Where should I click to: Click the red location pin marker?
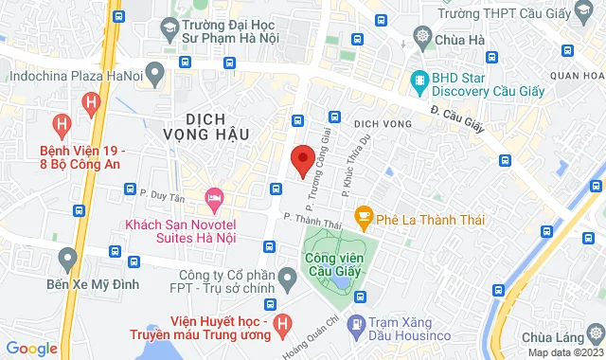click(302, 160)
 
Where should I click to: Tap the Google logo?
click(30, 348)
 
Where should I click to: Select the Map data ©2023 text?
click(562, 353)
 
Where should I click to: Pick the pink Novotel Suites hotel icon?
click(213, 199)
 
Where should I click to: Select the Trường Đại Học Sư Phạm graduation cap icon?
click(169, 29)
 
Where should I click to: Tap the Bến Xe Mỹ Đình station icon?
click(66, 257)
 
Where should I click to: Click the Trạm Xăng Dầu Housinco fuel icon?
click(355, 324)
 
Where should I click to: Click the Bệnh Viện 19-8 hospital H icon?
click(62, 123)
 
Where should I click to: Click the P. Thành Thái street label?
click(312, 221)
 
